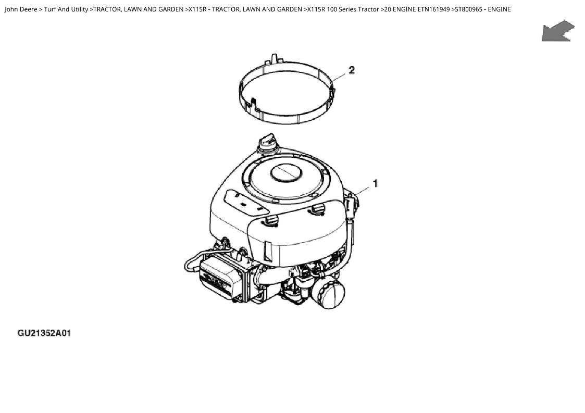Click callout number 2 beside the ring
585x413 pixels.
352,70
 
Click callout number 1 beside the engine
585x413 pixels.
375,183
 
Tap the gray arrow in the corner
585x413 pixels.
558,31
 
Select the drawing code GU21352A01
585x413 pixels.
44,333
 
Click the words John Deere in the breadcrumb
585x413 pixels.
21,9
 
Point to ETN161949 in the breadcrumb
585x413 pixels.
433,9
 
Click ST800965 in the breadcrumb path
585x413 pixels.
469,9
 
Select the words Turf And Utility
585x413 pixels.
66,9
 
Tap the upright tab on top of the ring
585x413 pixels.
274,59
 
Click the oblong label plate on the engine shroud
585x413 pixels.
245,203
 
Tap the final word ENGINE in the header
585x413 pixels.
499,9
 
